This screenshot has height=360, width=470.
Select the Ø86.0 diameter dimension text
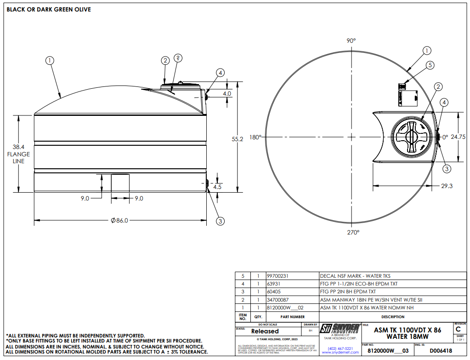click(119, 221)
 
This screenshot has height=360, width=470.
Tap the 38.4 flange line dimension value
click(18, 147)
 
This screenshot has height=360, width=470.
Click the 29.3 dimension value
click(446, 186)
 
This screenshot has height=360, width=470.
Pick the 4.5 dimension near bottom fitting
click(218, 187)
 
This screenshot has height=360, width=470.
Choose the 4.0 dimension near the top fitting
click(227, 93)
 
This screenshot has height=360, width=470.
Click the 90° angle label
click(351, 41)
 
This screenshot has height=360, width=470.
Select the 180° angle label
click(255, 137)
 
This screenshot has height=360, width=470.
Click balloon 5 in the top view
click(430, 65)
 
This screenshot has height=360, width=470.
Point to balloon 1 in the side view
click(50, 60)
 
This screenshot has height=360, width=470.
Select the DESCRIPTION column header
click(393, 317)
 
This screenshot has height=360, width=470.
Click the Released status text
click(265, 331)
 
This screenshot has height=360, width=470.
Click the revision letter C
click(458, 330)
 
